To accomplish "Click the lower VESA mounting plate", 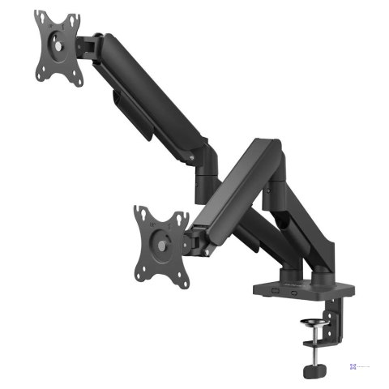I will [160, 241].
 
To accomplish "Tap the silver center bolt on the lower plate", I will [163, 243].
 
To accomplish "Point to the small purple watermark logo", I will [353, 366].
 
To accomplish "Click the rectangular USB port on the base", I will [275, 290].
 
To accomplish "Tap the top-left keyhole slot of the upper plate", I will [40, 21].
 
